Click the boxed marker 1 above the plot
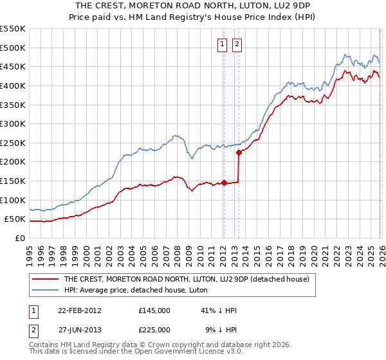222,44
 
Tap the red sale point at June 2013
239,152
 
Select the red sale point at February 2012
224,183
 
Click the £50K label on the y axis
15,219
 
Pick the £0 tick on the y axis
21,239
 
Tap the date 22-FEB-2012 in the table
80,310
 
